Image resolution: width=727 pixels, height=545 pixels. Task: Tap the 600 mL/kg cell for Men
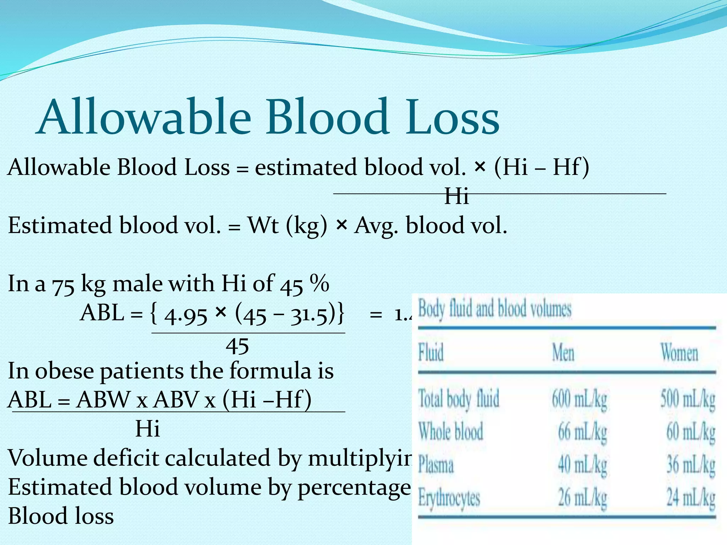coord(579,399)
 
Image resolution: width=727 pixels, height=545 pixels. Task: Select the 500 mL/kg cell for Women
coord(688,399)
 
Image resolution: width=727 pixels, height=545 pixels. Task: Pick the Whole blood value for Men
coord(582,432)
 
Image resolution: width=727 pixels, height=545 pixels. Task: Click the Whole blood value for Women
coord(690,432)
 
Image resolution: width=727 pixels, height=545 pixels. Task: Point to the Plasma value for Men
coord(582,465)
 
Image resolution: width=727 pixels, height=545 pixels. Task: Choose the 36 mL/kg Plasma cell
coord(690,465)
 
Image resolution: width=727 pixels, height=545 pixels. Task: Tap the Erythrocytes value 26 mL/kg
coord(582,497)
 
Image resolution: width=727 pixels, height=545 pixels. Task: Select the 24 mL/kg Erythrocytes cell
coord(690,497)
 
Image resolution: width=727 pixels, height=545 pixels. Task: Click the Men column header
coord(563,353)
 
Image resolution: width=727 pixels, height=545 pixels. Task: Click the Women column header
coord(679,353)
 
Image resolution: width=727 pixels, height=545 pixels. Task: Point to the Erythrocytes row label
coord(449,498)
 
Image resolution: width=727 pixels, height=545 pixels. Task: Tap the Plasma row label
coord(436,465)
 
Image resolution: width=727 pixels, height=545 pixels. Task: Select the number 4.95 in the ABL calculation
coord(186,315)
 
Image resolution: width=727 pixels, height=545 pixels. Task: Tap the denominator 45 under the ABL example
coord(237,346)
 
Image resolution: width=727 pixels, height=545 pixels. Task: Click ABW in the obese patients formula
coord(103,400)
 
